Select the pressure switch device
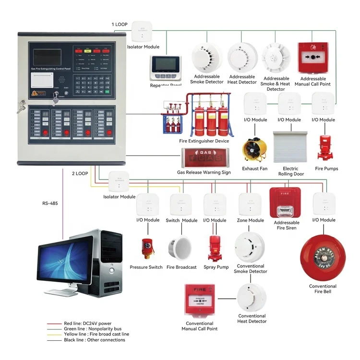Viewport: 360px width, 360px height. pos(148,246)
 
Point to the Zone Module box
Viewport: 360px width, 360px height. pos(250,205)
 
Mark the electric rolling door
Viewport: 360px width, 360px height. pos(290,147)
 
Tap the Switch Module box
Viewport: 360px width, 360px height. pos(181,205)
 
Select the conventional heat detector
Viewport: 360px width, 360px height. pos(252,297)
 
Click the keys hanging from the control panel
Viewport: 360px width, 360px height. pos(21,108)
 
